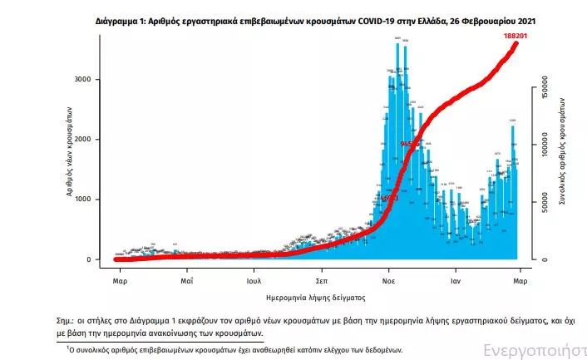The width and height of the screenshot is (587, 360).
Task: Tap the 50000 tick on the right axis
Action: click(545, 206)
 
